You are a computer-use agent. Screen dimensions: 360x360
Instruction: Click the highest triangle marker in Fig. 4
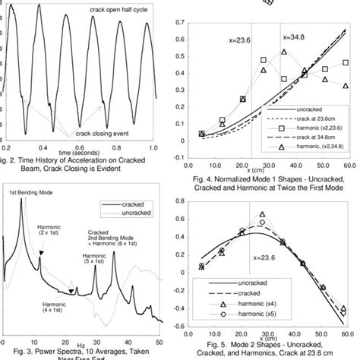[x=283, y=52]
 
